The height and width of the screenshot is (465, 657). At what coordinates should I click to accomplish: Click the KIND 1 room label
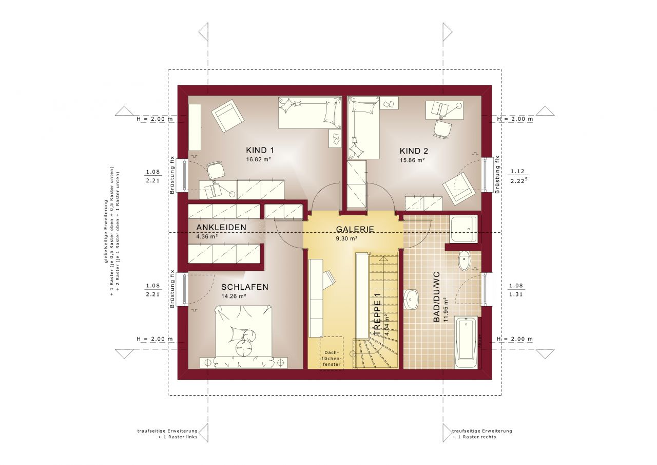260,151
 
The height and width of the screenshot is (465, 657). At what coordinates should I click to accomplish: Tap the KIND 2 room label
414,151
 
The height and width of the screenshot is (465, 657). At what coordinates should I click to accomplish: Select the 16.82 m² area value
259,160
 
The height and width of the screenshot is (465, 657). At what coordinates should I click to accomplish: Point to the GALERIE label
355,230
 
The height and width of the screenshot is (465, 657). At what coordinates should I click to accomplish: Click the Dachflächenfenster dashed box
331,352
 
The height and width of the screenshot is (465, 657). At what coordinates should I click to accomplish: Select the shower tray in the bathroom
463,229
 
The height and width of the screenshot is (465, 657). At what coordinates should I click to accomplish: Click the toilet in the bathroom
464,261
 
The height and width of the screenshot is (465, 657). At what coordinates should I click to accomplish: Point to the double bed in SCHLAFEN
243,337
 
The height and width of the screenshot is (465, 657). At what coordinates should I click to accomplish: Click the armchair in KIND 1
227,116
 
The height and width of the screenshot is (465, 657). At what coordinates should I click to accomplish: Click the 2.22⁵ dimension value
517,181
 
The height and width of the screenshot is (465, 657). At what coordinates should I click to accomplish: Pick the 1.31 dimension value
515,294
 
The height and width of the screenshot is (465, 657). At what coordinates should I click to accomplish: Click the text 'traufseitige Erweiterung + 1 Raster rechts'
482,434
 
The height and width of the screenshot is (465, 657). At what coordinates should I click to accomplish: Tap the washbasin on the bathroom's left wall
412,300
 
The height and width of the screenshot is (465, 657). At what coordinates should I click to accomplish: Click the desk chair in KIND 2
441,128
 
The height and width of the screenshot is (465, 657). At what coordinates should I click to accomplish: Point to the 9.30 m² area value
346,239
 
